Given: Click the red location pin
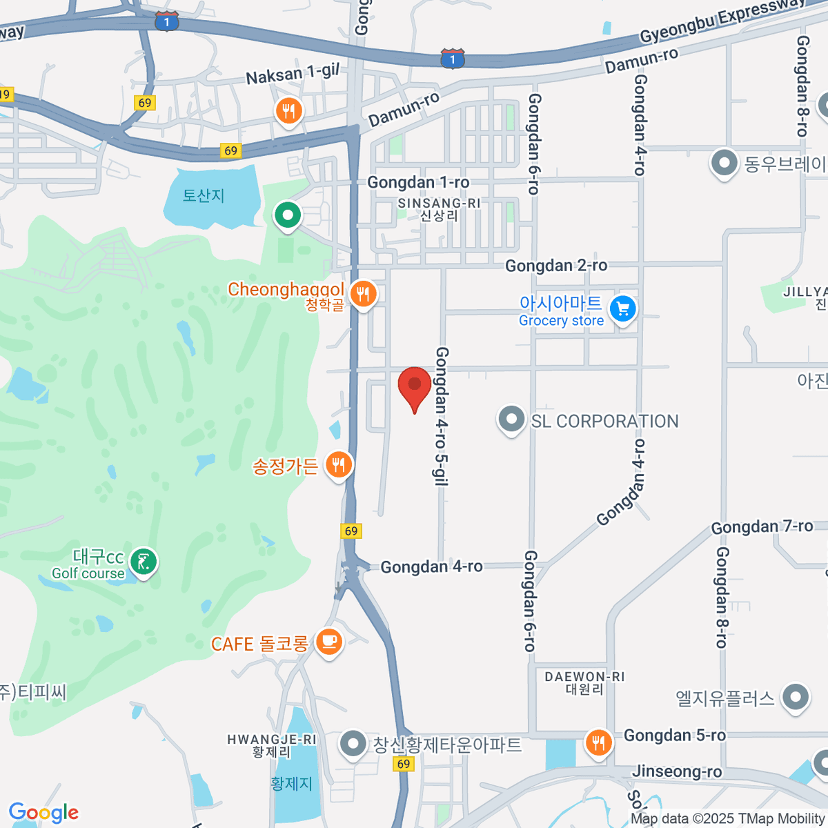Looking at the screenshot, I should [x=415, y=386].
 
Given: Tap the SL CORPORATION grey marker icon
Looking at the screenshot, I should [x=511, y=419].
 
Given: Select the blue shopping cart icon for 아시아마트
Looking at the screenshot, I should [x=623, y=309].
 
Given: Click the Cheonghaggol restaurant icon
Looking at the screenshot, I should [x=362, y=295].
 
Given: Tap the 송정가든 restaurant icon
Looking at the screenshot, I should [x=337, y=465].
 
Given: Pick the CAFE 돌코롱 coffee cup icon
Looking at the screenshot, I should [x=328, y=642].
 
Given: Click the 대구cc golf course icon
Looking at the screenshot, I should [x=144, y=562].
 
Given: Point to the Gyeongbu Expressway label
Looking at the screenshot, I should [x=721, y=20].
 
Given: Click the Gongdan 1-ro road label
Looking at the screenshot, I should [x=418, y=182].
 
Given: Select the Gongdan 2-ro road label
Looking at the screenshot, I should [x=556, y=266].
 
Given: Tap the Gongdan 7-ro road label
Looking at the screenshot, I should [x=762, y=526].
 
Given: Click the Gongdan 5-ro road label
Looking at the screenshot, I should [x=674, y=736].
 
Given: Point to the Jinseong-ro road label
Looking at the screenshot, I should [x=677, y=771].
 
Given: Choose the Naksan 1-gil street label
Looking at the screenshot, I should [x=293, y=72].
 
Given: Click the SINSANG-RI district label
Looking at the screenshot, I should [x=439, y=204].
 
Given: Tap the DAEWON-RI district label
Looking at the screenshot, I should [x=584, y=677].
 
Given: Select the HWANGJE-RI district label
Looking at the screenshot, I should [x=272, y=740].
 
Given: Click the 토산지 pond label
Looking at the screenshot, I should [x=204, y=195].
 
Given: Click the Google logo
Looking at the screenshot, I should [x=43, y=812].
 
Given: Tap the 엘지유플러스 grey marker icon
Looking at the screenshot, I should [x=796, y=697].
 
